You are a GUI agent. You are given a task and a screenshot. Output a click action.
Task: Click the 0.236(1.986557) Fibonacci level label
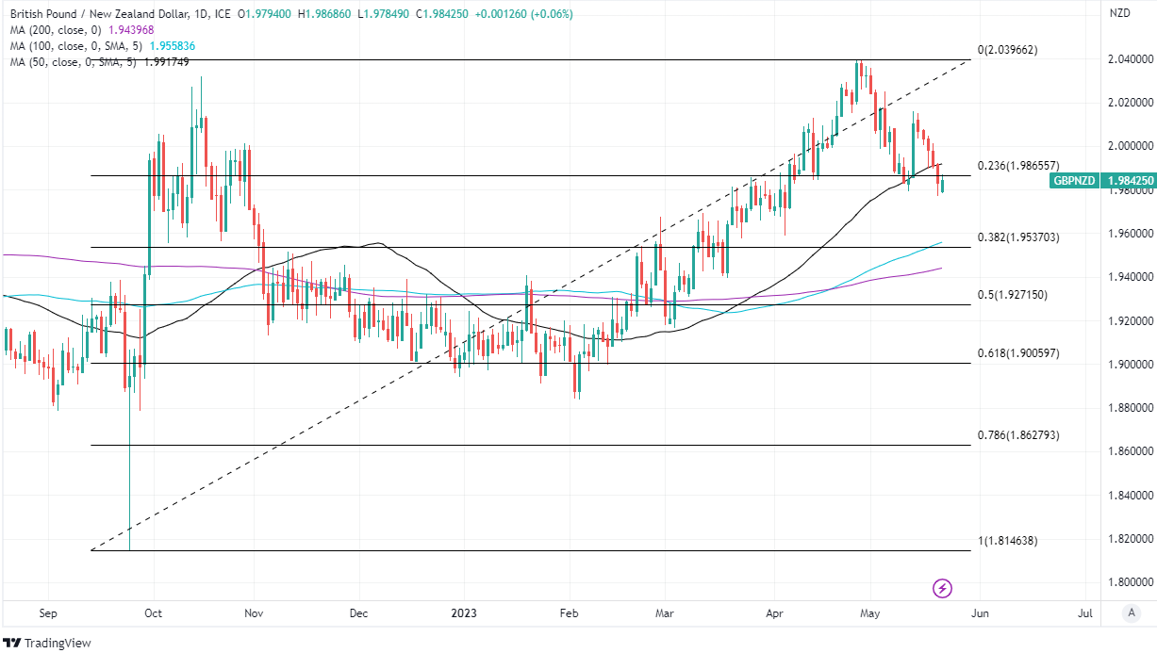pos(1019,166)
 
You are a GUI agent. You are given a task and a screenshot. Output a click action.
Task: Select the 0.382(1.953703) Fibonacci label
pos(1019,237)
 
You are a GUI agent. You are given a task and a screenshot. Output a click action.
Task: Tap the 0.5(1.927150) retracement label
pos(1013,295)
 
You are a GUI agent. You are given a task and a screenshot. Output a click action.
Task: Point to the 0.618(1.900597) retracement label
pos(1019,353)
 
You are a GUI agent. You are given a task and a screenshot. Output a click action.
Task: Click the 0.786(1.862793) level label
pos(1019,435)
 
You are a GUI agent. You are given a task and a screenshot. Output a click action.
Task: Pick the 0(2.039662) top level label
pos(1007,50)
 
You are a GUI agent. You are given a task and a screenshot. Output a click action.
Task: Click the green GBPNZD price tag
pos(1075,180)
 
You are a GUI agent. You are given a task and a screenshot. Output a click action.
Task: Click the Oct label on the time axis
pos(153,613)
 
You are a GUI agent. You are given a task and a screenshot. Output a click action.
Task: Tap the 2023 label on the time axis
pos(463,613)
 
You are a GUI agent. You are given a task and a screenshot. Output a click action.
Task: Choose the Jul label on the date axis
pos(1085,613)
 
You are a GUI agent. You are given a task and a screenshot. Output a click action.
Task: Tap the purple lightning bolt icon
pos(942,589)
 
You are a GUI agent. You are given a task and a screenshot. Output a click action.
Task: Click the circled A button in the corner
pos(1132,613)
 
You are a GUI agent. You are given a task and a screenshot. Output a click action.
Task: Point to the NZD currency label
pos(1120,13)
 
